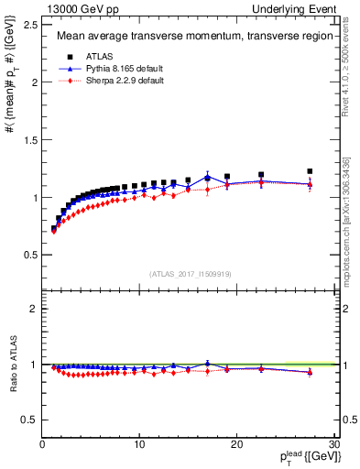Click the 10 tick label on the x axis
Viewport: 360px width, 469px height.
coord(139,444)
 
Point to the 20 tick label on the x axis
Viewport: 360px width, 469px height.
coord(236,444)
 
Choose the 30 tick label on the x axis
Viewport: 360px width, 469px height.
coord(333,444)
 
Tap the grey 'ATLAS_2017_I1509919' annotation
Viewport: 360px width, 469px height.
coord(190,274)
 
